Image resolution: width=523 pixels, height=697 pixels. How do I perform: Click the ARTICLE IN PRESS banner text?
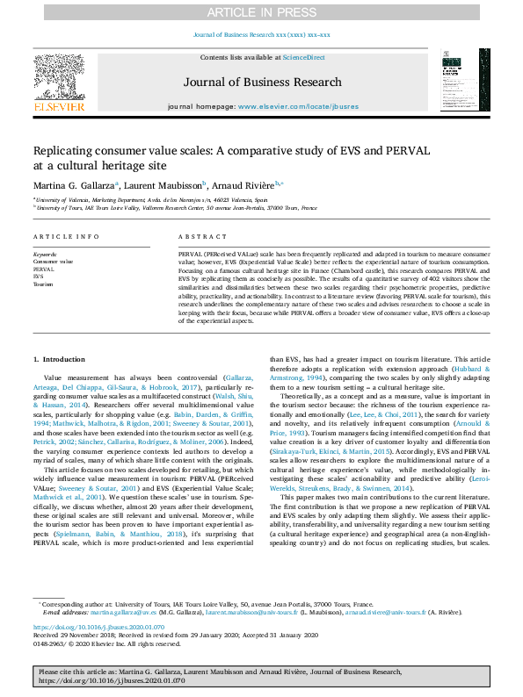261,11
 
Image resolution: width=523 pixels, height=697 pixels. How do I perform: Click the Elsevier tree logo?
59,78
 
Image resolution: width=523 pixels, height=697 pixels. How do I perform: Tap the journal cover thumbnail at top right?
459,79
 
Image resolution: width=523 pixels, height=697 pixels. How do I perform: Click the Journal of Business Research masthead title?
261,82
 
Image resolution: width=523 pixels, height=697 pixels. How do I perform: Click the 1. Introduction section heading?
59,360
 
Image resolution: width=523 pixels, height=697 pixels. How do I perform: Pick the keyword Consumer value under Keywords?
54,262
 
